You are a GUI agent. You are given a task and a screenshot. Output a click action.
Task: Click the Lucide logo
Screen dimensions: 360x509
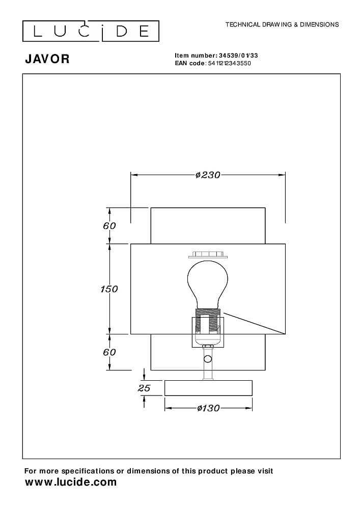tap(91, 31)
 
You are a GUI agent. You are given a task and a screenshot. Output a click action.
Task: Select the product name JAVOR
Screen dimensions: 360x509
tap(47, 59)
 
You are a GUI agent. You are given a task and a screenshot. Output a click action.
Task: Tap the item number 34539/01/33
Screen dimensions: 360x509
tap(238, 55)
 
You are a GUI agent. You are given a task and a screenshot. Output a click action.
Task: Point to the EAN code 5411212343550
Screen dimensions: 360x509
tap(229, 63)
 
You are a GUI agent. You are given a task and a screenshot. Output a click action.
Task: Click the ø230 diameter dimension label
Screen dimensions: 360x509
tap(208, 175)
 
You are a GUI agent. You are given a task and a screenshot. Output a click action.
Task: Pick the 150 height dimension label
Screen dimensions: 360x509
tap(109, 289)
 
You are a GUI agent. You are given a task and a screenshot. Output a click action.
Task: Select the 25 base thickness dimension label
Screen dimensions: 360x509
tap(144, 388)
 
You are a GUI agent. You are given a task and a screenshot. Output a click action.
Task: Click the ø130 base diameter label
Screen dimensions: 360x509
tap(208, 408)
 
